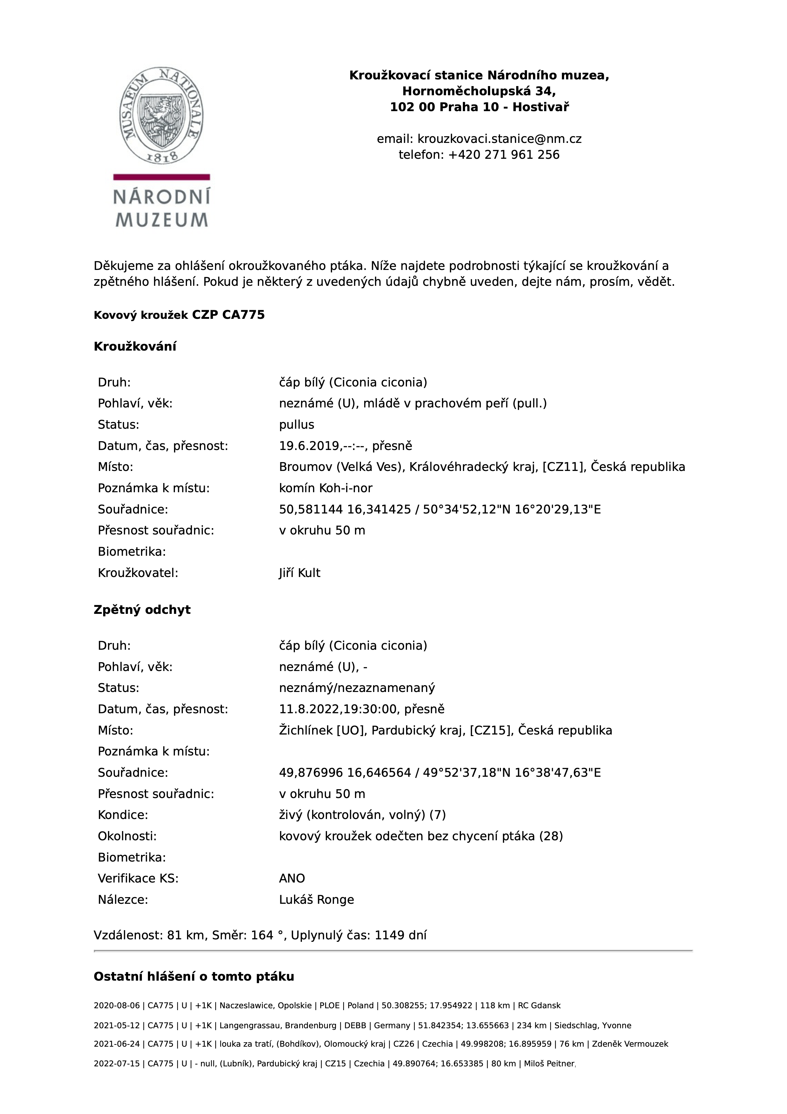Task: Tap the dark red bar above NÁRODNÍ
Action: pyautogui.click(x=162, y=177)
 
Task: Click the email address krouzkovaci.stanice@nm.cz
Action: pyautogui.click(x=499, y=139)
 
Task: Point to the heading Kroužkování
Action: pyautogui.click(x=135, y=347)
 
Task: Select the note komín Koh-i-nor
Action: pyautogui.click(x=325, y=488)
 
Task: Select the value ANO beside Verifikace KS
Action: pyautogui.click(x=292, y=879)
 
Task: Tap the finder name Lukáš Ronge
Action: pyautogui.click(x=316, y=900)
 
